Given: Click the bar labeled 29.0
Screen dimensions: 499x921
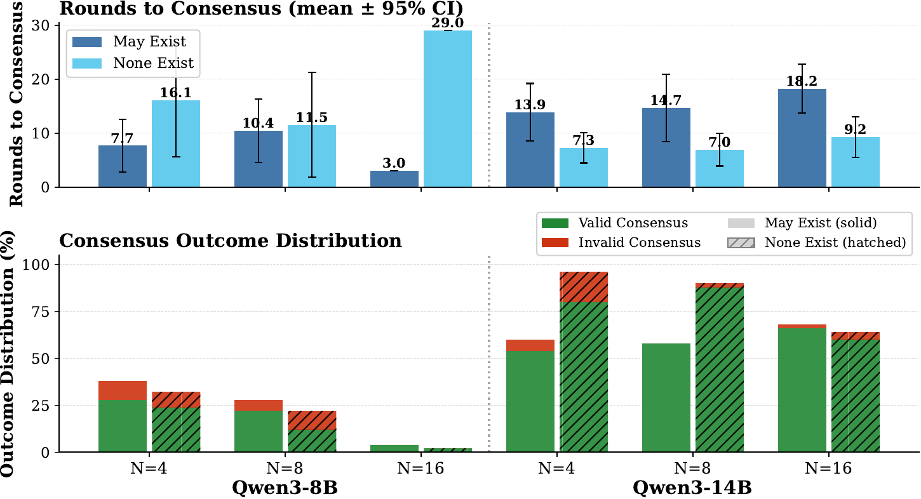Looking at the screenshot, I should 448,109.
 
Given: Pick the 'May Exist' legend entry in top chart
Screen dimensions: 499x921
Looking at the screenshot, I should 133,42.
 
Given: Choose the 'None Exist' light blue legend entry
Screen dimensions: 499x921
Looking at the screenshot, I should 133,63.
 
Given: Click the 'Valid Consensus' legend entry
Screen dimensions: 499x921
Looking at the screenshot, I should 615,223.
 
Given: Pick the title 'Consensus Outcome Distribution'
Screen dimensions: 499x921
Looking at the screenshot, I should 230,241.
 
